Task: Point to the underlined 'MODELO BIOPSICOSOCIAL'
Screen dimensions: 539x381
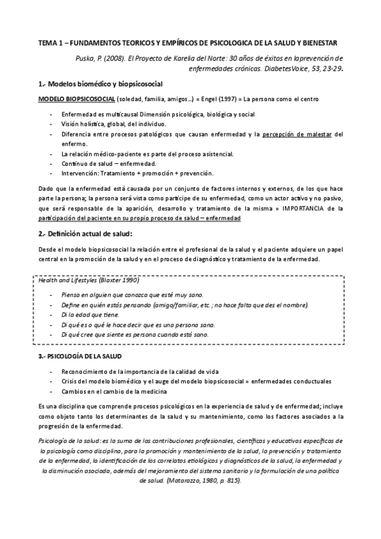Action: pos(76,100)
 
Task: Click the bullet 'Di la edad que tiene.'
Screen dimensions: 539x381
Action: pos(90,315)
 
